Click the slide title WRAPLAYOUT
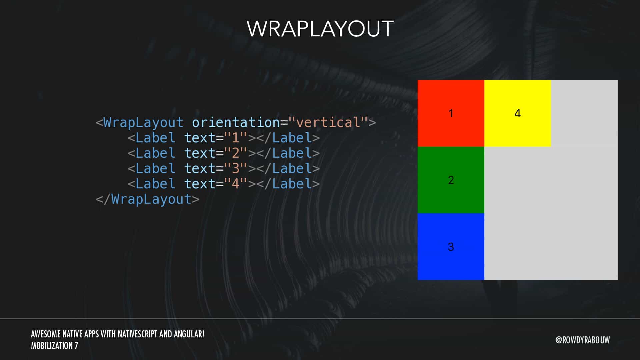click(320, 29)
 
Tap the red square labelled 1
click(451, 113)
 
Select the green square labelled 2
click(451, 180)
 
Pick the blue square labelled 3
click(451, 247)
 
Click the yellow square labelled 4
click(518, 113)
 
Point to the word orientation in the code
click(236, 122)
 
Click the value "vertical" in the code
click(328, 122)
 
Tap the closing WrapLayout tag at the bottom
click(148, 199)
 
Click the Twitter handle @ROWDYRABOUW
click(583, 340)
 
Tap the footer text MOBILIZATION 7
click(55, 346)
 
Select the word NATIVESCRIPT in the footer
click(138, 334)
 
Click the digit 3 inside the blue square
click(451, 247)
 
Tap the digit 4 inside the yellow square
click(518, 113)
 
